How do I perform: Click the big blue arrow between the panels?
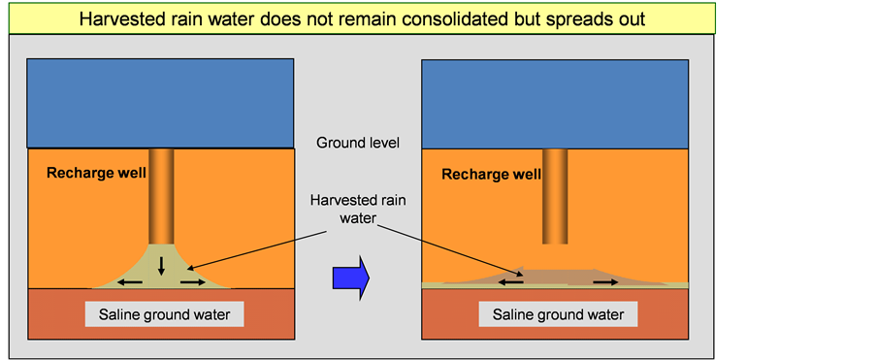(x=351, y=278)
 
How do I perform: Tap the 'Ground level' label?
(x=358, y=143)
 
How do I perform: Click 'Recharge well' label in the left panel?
(x=96, y=173)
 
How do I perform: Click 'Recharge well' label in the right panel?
(x=492, y=175)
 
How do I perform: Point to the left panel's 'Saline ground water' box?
(x=164, y=314)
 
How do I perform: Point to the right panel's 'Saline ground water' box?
(x=558, y=314)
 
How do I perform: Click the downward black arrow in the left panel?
(x=161, y=266)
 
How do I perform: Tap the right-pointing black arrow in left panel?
(x=193, y=282)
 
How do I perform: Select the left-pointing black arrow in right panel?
(x=510, y=282)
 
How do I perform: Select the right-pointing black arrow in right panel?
(x=605, y=282)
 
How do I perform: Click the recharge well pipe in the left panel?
(x=161, y=196)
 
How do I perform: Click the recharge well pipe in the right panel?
(x=555, y=196)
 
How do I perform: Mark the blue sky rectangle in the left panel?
(x=161, y=104)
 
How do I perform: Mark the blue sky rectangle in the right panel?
(x=555, y=104)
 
